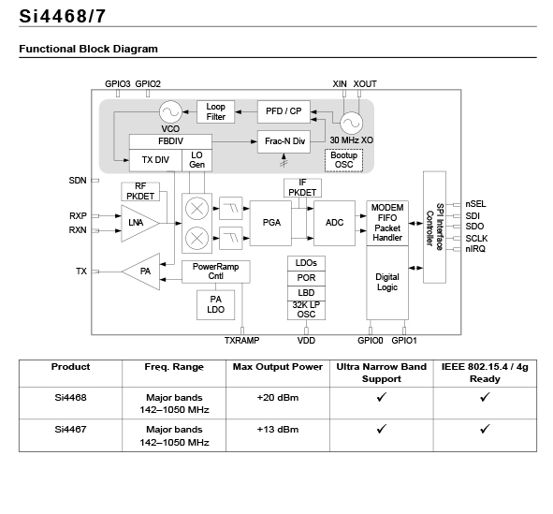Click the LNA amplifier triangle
pyautogui.click(x=139, y=224)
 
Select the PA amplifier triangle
pyautogui.click(x=141, y=272)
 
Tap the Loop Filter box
pyautogui.click(x=215, y=111)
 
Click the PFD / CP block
pyautogui.click(x=284, y=111)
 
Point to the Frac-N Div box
pyautogui.click(x=284, y=141)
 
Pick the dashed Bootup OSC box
pyautogui.click(x=343, y=160)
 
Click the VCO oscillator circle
pyautogui.click(x=170, y=112)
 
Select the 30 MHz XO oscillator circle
pyautogui.click(x=351, y=123)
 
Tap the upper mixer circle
pyautogui.click(x=196, y=209)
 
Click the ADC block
pyautogui.click(x=334, y=223)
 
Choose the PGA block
pyautogui.click(x=270, y=223)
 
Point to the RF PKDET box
pyautogui.click(x=140, y=192)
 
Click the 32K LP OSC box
pyautogui.click(x=306, y=310)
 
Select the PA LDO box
pyautogui.click(x=215, y=305)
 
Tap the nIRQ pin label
pyautogui.click(x=475, y=249)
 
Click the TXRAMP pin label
pyautogui.click(x=242, y=341)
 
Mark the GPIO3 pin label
pyautogui.click(x=118, y=84)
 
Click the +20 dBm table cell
pyautogui.click(x=278, y=398)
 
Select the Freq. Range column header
pyautogui.click(x=174, y=367)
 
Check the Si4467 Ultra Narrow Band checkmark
pyautogui.click(x=382, y=429)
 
